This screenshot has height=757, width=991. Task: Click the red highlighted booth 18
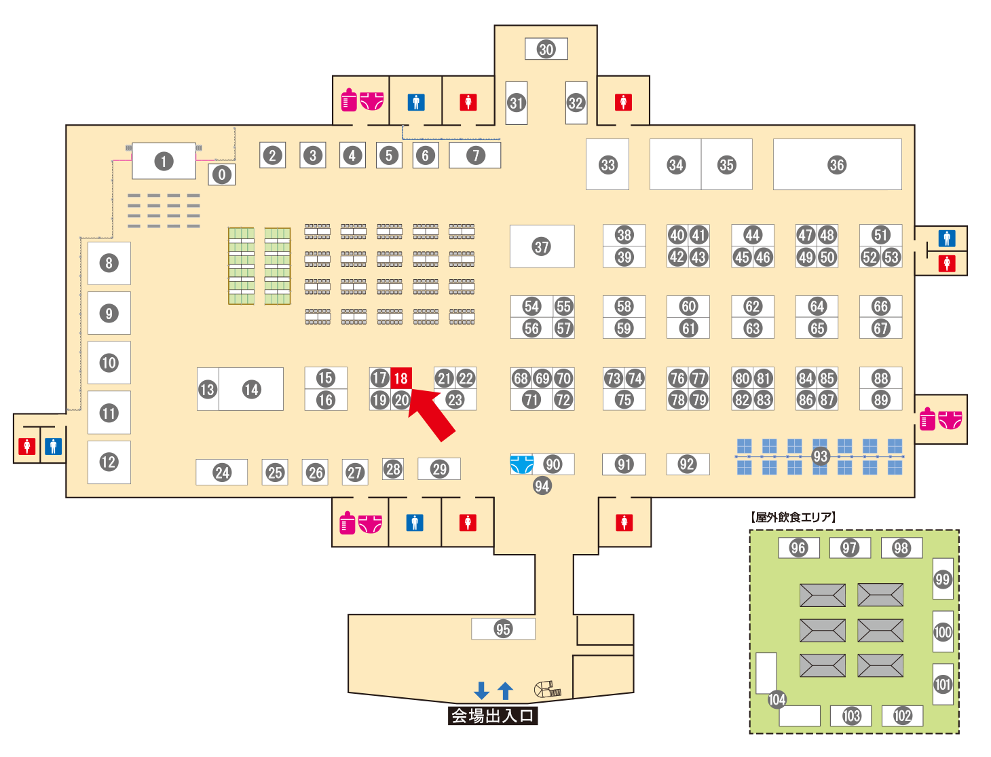point(401,378)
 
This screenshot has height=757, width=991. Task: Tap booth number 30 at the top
point(546,49)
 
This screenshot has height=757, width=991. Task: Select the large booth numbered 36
point(837,164)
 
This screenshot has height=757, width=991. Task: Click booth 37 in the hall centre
point(542,246)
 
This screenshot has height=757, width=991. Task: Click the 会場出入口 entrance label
point(493,716)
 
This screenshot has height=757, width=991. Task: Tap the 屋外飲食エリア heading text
point(793,517)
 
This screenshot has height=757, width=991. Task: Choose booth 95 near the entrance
point(503,629)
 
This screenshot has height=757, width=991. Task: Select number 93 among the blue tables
point(820,456)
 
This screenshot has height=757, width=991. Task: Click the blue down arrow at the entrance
point(482,690)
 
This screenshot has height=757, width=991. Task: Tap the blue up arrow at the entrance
point(505,690)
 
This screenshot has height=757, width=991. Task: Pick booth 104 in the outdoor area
point(777,699)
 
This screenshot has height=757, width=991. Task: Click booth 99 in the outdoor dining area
point(943,579)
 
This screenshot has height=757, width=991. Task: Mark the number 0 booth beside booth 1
point(221,174)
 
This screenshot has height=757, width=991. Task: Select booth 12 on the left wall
point(109,462)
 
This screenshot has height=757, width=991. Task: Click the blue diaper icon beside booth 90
point(521,464)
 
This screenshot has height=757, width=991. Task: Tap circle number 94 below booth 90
point(542,485)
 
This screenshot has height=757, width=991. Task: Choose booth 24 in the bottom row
point(222,473)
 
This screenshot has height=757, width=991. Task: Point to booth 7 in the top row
point(475,155)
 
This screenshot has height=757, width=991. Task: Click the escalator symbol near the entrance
point(547,690)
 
